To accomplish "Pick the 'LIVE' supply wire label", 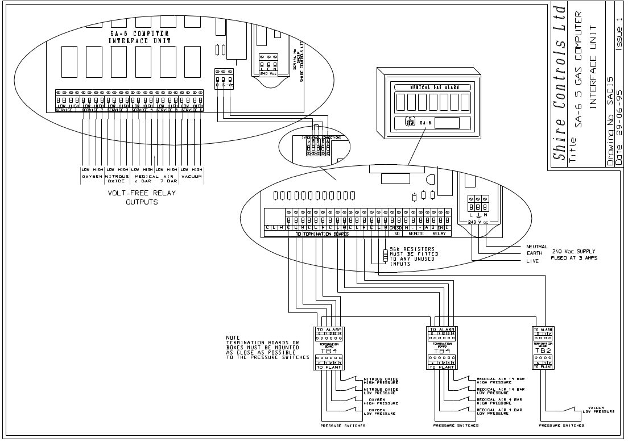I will tap(526, 261).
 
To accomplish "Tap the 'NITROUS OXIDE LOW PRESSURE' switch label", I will tap(381, 391).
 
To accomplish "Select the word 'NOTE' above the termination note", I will tap(233, 337).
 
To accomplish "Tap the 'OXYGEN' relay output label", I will tap(93, 176).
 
